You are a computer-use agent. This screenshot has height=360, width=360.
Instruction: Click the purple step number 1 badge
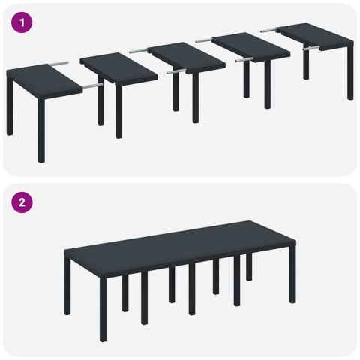[23, 23]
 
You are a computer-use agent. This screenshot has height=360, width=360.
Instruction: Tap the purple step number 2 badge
[23, 202]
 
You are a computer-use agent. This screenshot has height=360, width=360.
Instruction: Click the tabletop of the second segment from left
[118, 68]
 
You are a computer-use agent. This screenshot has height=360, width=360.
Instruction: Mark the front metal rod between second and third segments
[175, 73]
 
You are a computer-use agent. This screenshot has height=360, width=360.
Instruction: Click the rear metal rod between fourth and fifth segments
[269, 29]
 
